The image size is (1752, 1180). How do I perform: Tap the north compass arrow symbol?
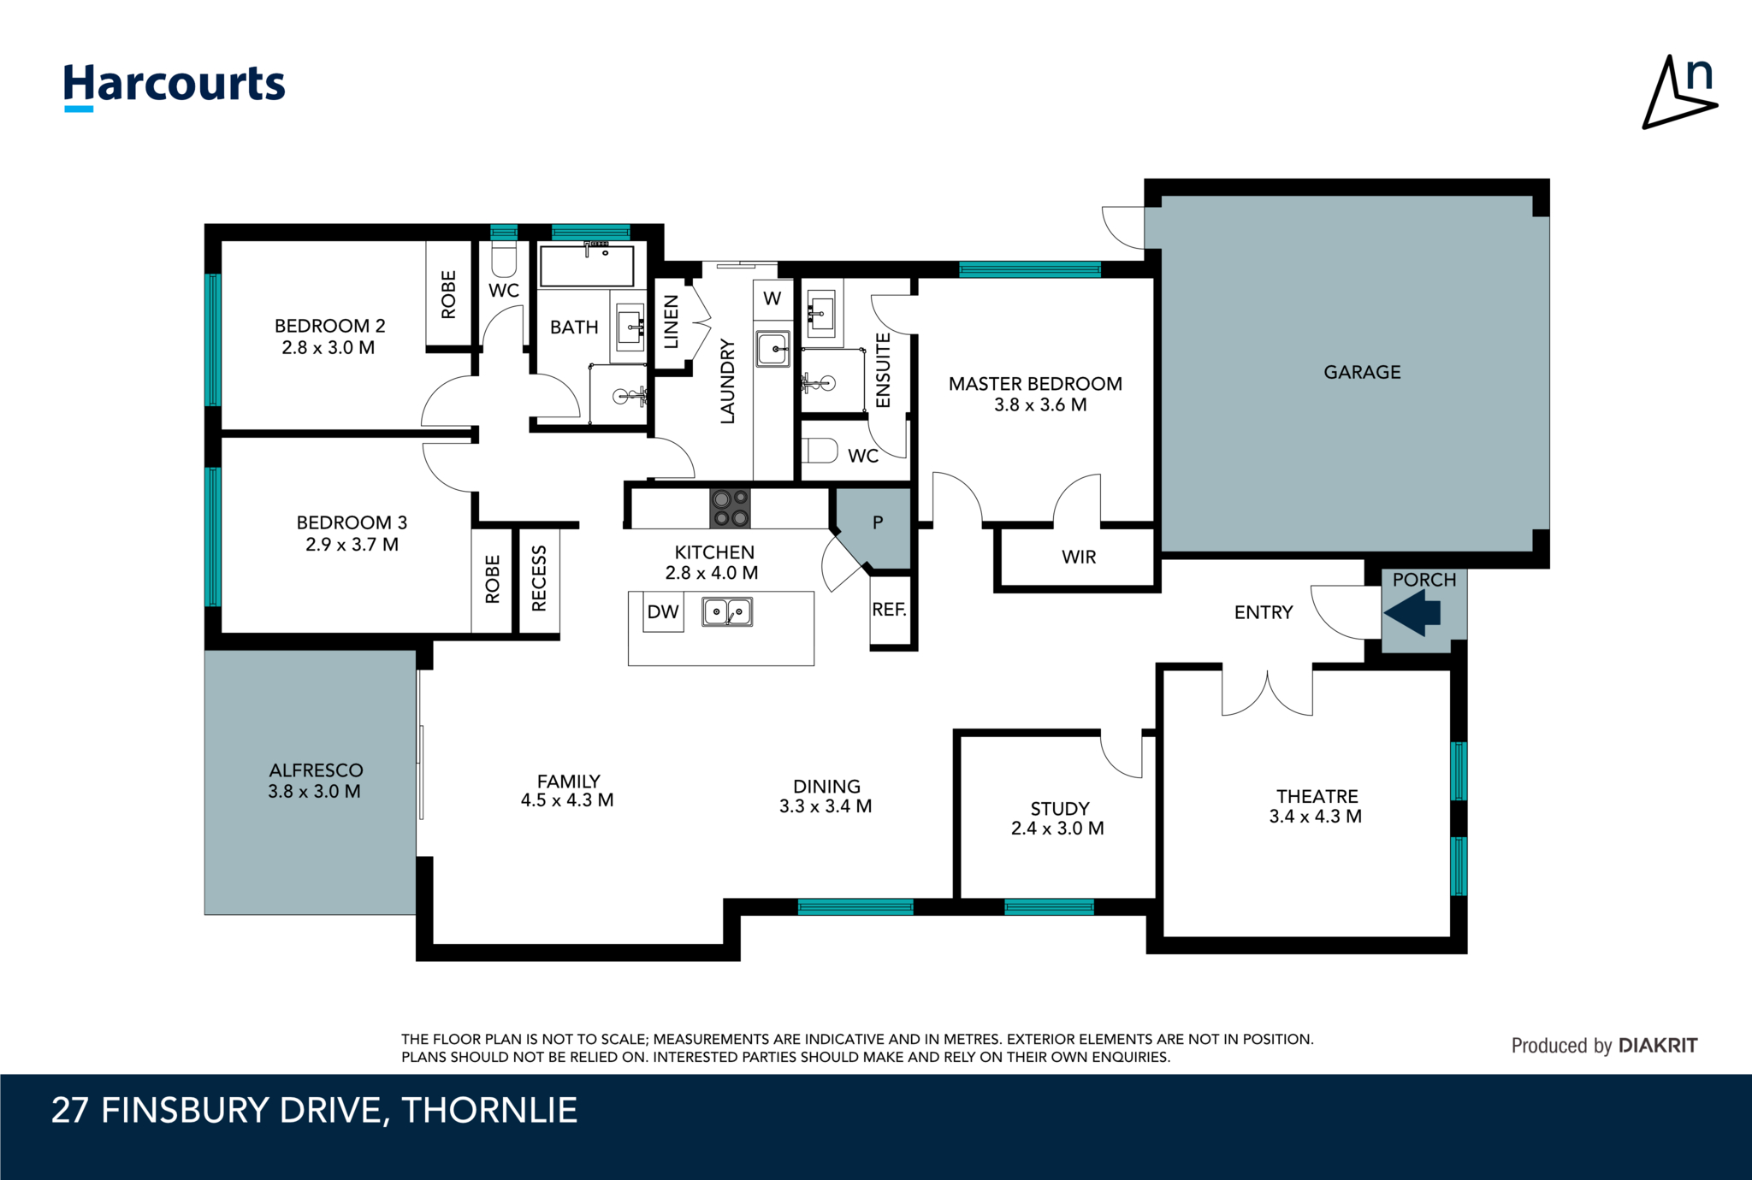(x=1679, y=92)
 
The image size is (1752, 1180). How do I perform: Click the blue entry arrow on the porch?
(x=1412, y=613)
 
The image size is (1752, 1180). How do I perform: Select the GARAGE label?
(x=1362, y=372)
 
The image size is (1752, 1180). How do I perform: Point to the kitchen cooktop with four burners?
(x=730, y=508)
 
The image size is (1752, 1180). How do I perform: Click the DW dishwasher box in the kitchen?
(x=663, y=612)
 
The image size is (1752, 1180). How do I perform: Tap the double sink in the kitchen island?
(x=727, y=612)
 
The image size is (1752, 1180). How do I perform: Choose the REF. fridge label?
(x=889, y=610)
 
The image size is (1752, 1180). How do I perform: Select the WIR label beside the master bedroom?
(x=1079, y=558)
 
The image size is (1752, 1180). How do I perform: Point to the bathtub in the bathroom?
(x=587, y=266)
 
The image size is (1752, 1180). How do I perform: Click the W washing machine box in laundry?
(x=772, y=299)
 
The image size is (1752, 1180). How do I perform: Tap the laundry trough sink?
(x=773, y=349)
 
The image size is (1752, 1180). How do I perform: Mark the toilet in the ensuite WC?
(x=820, y=450)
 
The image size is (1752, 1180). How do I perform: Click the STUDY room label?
(x=1060, y=809)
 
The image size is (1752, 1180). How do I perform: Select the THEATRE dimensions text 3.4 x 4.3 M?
(x=1316, y=817)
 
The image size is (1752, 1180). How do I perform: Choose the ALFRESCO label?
(x=316, y=770)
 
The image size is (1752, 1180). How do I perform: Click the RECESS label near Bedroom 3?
(x=539, y=579)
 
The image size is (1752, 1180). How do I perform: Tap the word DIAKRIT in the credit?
(x=1658, y=1046)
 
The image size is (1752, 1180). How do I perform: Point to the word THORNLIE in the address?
(x=489, y=1110)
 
